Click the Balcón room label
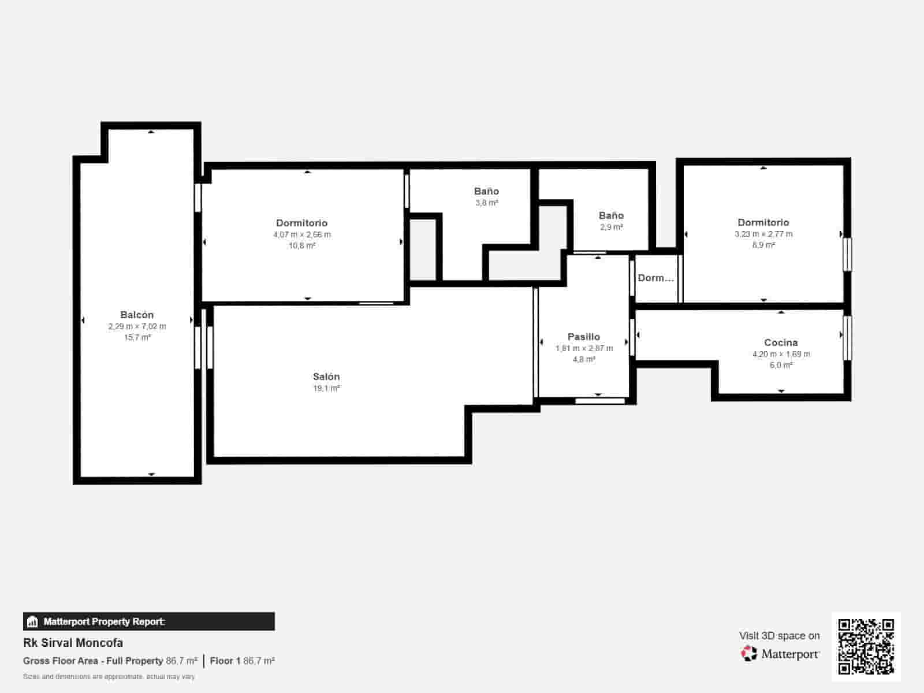coord(137,315)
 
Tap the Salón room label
coord(326,377)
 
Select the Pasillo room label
coord(583,337)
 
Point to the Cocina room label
coord(781,342)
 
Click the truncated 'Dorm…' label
coord(655,278)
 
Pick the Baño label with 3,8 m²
coord(486,191)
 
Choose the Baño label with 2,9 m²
coord(611,215)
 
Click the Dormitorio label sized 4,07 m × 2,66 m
coord(301,223)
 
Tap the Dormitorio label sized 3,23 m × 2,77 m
coord(763,222)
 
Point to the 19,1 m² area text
coord(326,388)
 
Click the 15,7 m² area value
coord(137,337)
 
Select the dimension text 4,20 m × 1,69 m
coord(781,354)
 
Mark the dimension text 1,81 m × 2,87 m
coord(584,348)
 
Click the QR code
coord(866,646)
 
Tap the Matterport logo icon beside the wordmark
coord(749,654)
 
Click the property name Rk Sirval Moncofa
coord(73,643)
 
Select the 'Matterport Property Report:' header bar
coord(148,621)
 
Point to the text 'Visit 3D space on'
coord(779,636)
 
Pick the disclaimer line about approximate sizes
coord(109,676)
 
